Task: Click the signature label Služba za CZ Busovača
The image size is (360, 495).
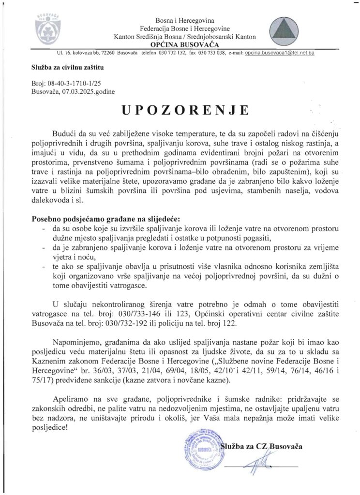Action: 261,446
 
